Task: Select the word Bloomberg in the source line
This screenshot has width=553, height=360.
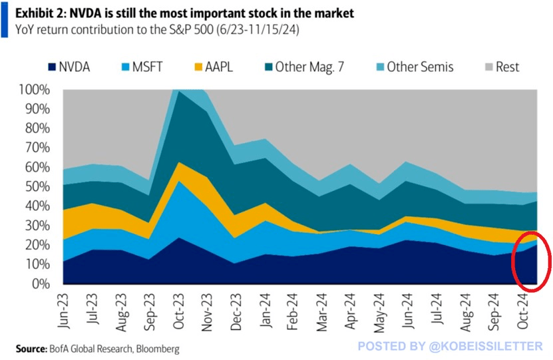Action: coord(156,348)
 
